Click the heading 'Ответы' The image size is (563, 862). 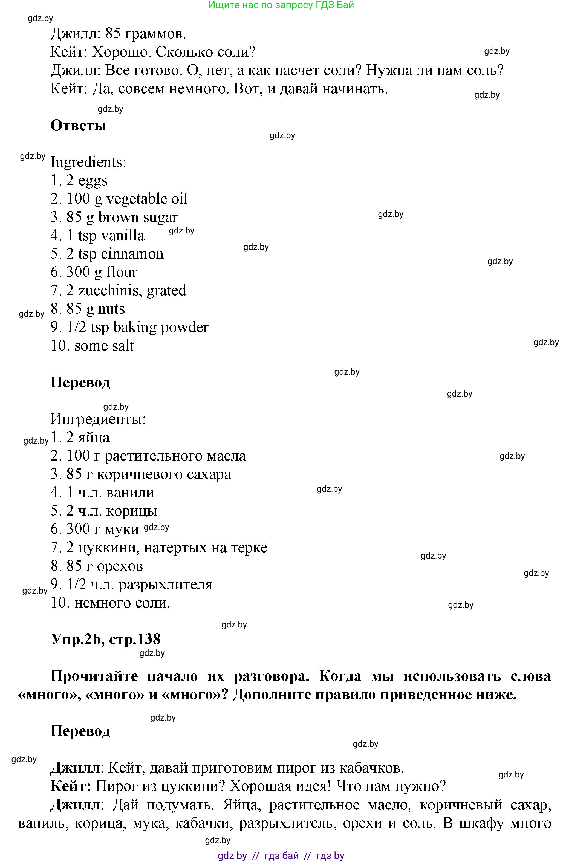tap(78, 125)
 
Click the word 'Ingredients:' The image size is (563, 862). tap(88, 162)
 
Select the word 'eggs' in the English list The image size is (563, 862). tap(93, 181)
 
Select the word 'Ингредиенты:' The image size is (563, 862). tap(98, 419)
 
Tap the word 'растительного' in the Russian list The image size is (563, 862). tap(154, 456)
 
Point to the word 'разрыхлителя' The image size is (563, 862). tap(166, 585)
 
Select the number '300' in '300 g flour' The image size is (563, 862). tap(78, 272)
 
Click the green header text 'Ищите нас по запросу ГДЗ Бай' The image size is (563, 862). tap(281, 5)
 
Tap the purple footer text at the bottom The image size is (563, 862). tap(281, 855)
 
